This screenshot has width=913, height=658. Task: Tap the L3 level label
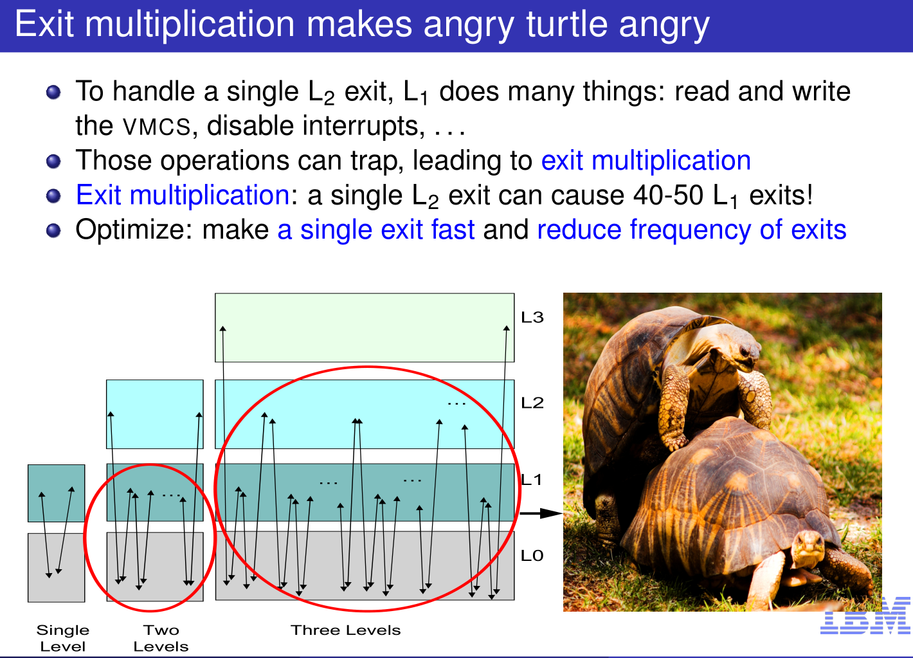(x=532, y=317)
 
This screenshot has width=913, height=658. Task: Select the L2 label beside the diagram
(x=532, y=403)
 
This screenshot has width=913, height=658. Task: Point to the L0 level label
(x=532, y=556)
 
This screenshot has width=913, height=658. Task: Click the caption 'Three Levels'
(x=346, y=630)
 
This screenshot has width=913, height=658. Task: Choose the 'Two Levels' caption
(x=161, y=639)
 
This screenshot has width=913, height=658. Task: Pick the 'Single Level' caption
(x=63, y=639)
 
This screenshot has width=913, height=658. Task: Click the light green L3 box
(x=365, y=327)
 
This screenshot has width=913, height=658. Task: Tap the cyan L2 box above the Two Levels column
(x=155, y=414)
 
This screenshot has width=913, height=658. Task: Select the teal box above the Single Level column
(x=56, y=493)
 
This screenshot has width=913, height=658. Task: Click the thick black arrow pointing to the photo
(x=541, y=513)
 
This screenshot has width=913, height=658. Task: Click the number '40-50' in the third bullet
(x=669, y=196)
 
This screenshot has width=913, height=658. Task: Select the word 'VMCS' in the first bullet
(x=157, y=126)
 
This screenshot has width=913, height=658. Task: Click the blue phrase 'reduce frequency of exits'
(x=692, y=230)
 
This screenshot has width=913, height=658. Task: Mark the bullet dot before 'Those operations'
(x=53, y=161)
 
